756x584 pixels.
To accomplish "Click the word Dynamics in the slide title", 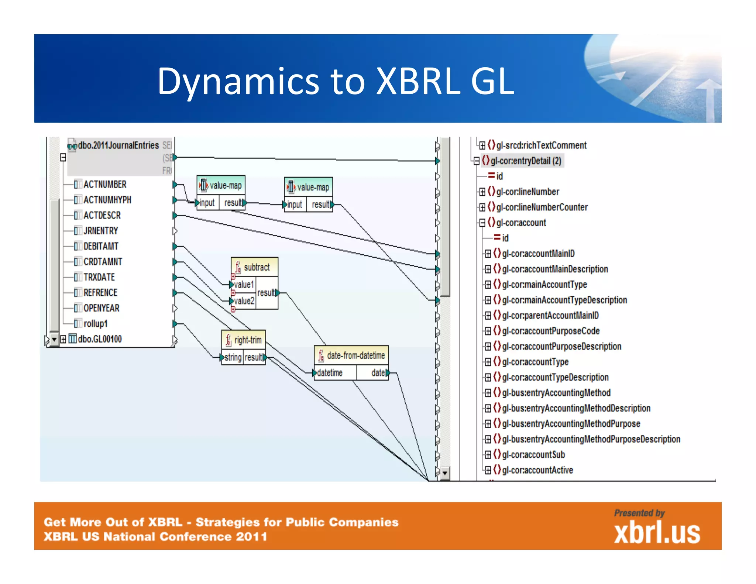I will point(238,82).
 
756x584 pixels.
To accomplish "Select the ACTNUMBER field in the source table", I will point(104,184).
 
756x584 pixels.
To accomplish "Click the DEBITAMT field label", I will point(101,246).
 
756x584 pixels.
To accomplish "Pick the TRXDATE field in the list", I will point(99,277).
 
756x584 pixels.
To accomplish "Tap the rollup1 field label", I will point(95,324).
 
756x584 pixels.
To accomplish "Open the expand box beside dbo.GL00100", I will point(63,339).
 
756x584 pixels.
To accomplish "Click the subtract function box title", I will point(257,267).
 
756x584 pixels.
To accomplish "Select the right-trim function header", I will point(247,340).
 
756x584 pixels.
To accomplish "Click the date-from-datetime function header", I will point(355,355).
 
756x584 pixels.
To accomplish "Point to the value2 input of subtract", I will point(244,301).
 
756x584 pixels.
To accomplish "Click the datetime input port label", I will point(330,373).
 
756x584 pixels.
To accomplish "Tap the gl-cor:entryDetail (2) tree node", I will point(526,161).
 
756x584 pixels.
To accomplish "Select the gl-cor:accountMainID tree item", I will point(538,254).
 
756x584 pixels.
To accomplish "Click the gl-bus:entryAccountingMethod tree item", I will point(556,393).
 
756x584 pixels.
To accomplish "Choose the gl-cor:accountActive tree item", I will point(537,470).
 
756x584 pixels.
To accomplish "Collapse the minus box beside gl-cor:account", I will point(482,223).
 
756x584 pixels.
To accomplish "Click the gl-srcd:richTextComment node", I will point(541,145).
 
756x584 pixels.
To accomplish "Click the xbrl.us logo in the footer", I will point(657,533).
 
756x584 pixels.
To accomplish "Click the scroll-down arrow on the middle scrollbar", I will point(445,473).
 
